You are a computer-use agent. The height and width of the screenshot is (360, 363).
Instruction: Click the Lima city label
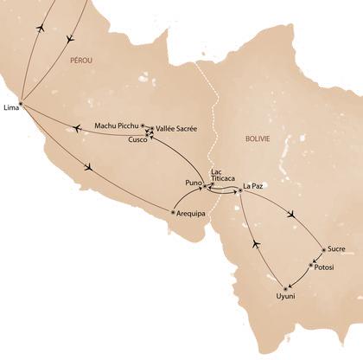[x=11, y=107]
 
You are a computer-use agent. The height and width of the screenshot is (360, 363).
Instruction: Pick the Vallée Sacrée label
[x=176, y=129]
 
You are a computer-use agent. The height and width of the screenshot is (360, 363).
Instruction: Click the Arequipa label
[x=192, y=212]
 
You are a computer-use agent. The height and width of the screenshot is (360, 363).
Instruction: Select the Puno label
[x=193, y=183]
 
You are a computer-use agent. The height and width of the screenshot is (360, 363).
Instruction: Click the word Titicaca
[x=223, y=178]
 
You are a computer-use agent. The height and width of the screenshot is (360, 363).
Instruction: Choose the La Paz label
[x=252, y=185]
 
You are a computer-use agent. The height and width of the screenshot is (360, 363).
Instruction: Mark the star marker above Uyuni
[x=284, y=286]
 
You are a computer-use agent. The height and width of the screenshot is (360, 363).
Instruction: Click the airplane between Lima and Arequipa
[x=89, y=167]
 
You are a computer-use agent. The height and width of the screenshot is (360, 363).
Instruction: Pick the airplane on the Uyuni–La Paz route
[x=254, y=245]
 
